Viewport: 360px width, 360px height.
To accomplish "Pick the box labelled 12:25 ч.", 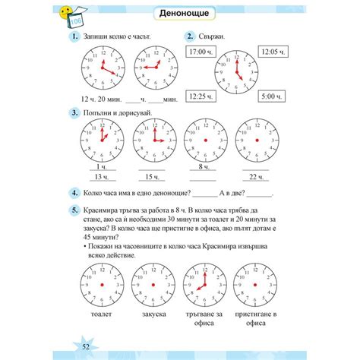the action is (x=200, y=96).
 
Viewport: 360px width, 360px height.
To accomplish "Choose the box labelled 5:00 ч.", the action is (x=271, y=96).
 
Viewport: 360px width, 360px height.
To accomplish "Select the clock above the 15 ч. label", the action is (x=154, y=143).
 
